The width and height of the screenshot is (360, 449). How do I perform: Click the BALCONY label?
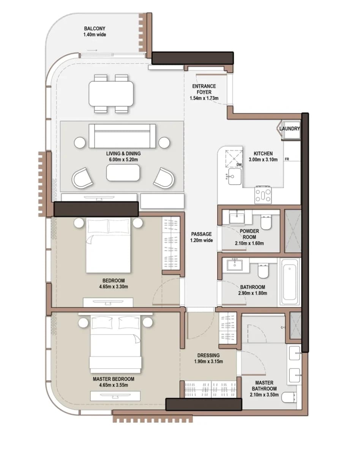click(95, 28)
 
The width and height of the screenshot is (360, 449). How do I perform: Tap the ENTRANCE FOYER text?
click(204, 89)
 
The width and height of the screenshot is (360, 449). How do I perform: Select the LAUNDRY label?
click(289, 129)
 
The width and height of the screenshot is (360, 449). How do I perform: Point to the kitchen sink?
click(234, 176)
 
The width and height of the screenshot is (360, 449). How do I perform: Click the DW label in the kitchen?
click(239, 165)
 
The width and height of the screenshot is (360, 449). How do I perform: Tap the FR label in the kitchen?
click(287, 159)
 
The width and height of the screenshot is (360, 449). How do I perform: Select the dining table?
click(111, 94)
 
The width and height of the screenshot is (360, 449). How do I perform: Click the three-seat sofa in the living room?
click(122, 136)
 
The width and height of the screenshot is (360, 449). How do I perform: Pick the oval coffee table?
click(123, 173)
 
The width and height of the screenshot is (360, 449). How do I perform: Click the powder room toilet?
click(266, 222)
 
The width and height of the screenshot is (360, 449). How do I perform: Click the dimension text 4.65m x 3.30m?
click(114, 287)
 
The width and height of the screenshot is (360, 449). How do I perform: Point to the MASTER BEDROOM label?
click(114, 379)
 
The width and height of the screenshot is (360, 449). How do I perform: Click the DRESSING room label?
click(208, 355)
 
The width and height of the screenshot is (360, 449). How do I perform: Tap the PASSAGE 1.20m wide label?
click(201, 237)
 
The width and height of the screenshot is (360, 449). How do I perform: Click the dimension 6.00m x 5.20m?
click(123, 159)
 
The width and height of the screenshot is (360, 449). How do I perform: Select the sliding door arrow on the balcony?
click(92, 50)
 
